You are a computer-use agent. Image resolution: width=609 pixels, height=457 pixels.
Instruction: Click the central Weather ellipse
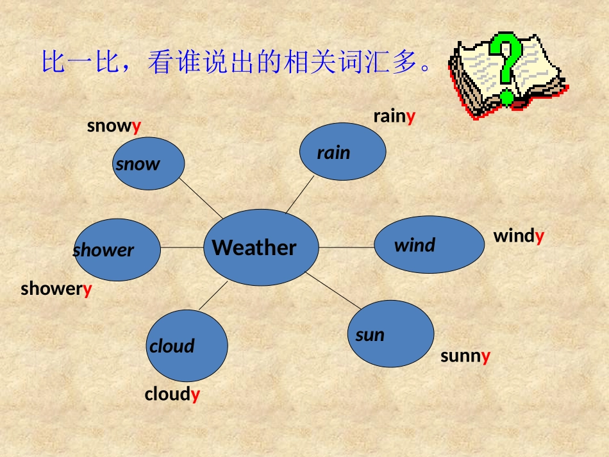[261, 247]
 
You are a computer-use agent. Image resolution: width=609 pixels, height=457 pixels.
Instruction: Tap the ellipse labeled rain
[343, 151]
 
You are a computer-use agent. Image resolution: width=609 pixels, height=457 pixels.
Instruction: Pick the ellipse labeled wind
[429, 244]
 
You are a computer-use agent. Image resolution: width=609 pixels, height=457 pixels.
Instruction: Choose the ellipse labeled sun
[391, 334]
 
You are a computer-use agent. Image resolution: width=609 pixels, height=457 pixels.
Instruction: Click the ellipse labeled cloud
[187, 345]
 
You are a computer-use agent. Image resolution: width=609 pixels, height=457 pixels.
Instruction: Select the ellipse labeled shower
[117, 250]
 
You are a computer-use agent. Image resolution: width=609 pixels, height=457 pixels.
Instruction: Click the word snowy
[114, 126]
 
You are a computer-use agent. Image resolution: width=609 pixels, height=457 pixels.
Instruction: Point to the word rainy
[394, 117]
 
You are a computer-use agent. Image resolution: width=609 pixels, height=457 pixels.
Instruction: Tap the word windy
[519, 237]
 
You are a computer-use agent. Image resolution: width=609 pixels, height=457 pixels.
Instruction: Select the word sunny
[465, 356]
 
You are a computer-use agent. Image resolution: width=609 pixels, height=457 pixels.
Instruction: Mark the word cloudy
[172, 394]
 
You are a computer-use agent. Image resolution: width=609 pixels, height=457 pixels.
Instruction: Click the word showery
[56, 289]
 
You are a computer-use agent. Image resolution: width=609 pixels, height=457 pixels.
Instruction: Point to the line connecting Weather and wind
[346, 247]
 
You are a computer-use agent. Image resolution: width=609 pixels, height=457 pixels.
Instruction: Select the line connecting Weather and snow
[200, 197]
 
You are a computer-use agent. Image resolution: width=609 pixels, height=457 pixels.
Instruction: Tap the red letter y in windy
[540, 237]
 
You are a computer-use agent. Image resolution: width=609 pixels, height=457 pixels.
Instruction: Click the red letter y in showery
[88, 290]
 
